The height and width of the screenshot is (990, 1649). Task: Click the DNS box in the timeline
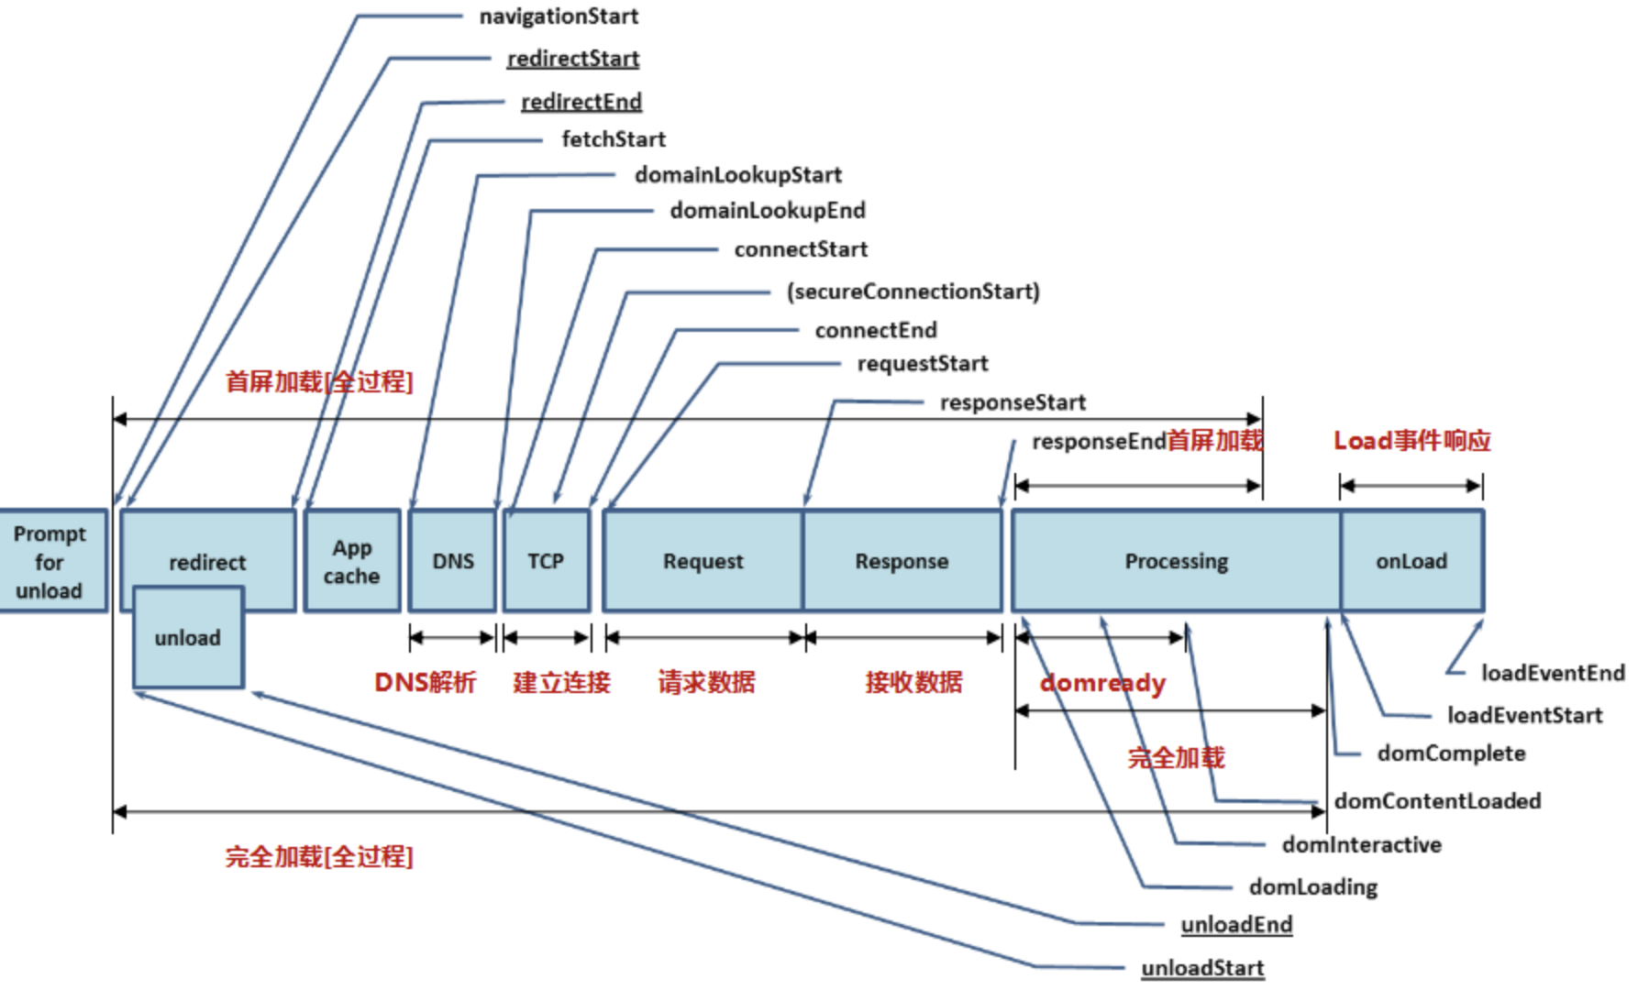click(453, 561)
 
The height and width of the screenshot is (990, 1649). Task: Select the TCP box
click(546, 561)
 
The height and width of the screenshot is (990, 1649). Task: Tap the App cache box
click(352, 561)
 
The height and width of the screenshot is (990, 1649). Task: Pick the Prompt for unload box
click(50, 561)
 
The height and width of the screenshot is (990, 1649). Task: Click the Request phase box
click(703, 561)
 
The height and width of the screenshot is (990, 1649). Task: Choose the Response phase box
click(902, 561)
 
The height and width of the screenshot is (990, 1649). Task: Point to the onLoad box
click(1411, 561)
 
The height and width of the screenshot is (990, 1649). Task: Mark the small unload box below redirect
click(188, 638)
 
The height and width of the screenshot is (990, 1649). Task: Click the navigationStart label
click(559, 16)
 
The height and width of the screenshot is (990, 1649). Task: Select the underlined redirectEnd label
click(581, 102)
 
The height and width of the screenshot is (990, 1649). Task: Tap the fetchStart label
click(614, 139)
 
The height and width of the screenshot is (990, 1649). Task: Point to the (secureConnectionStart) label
click(913, 291)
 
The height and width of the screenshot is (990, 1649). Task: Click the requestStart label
click(923, 364)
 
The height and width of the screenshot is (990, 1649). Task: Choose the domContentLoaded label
click(1437, 801)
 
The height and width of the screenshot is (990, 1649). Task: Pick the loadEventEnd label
click(1553, 673)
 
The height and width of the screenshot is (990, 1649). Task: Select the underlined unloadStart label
click(1202, 968)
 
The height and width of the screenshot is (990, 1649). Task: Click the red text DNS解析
click(426, 682)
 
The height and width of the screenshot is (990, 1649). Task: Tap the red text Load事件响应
click(1411, 441)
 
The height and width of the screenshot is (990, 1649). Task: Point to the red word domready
click(1102, 683)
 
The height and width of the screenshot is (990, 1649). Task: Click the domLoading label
click(1312, 886)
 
